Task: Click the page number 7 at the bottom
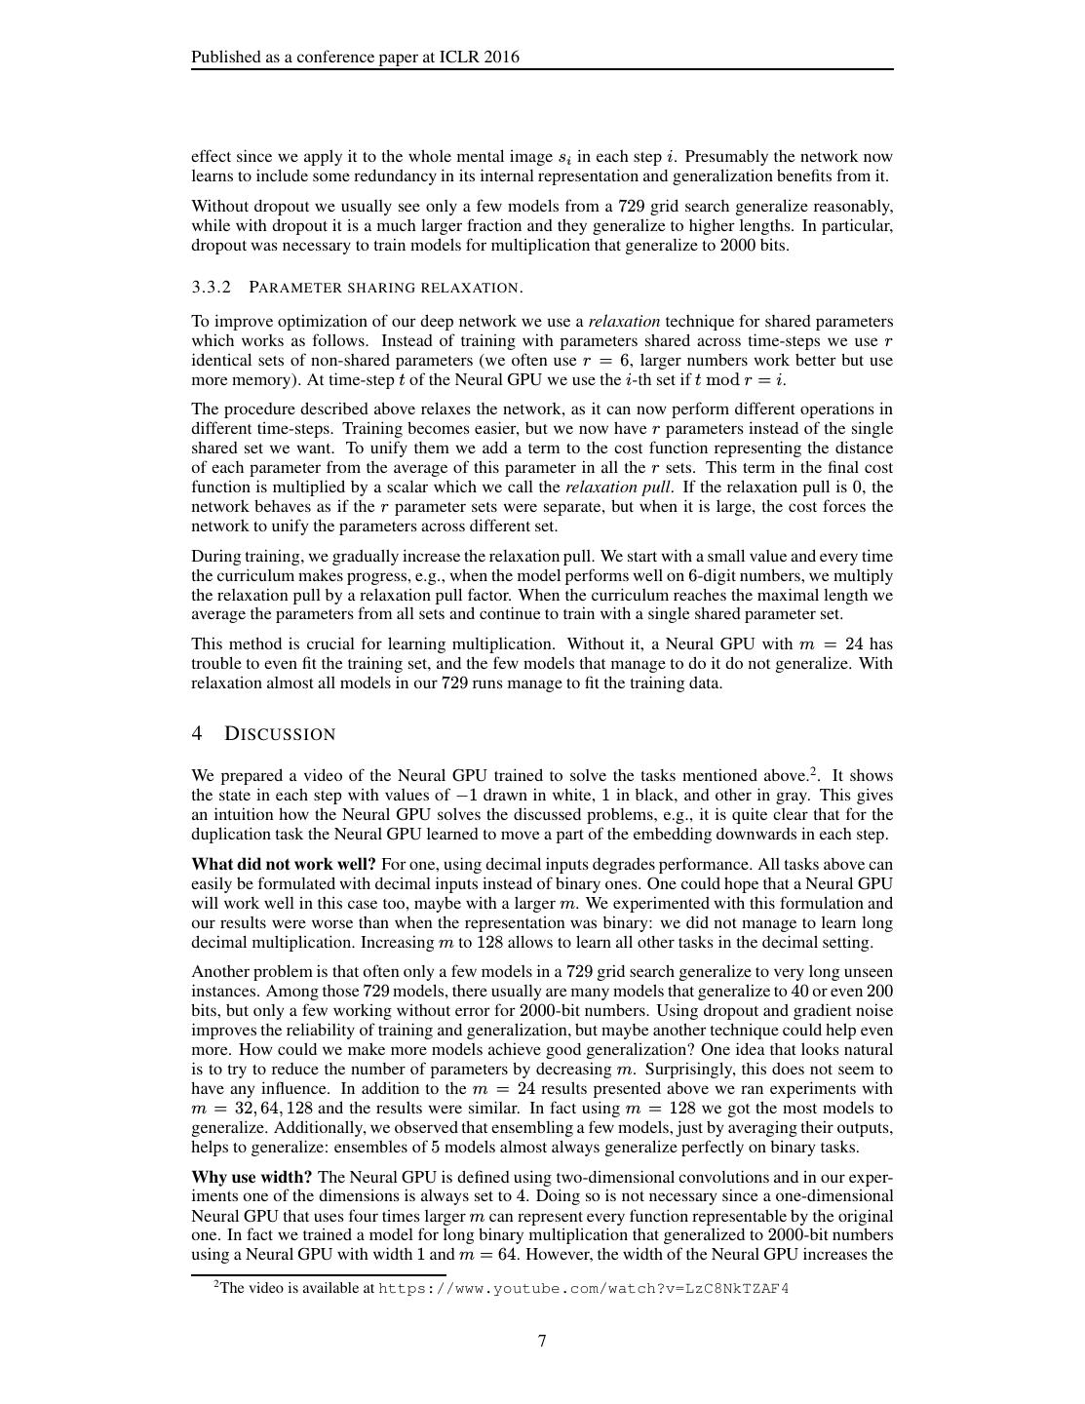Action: click(x=542, y=1341)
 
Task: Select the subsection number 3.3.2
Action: click(x=212, y=287)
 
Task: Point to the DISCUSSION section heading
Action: click(x=280, y=734)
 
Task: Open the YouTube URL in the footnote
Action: click(x=583, y=1289)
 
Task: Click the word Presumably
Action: click(x=726, y=156)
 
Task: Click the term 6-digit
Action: click(x=687, y=575)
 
